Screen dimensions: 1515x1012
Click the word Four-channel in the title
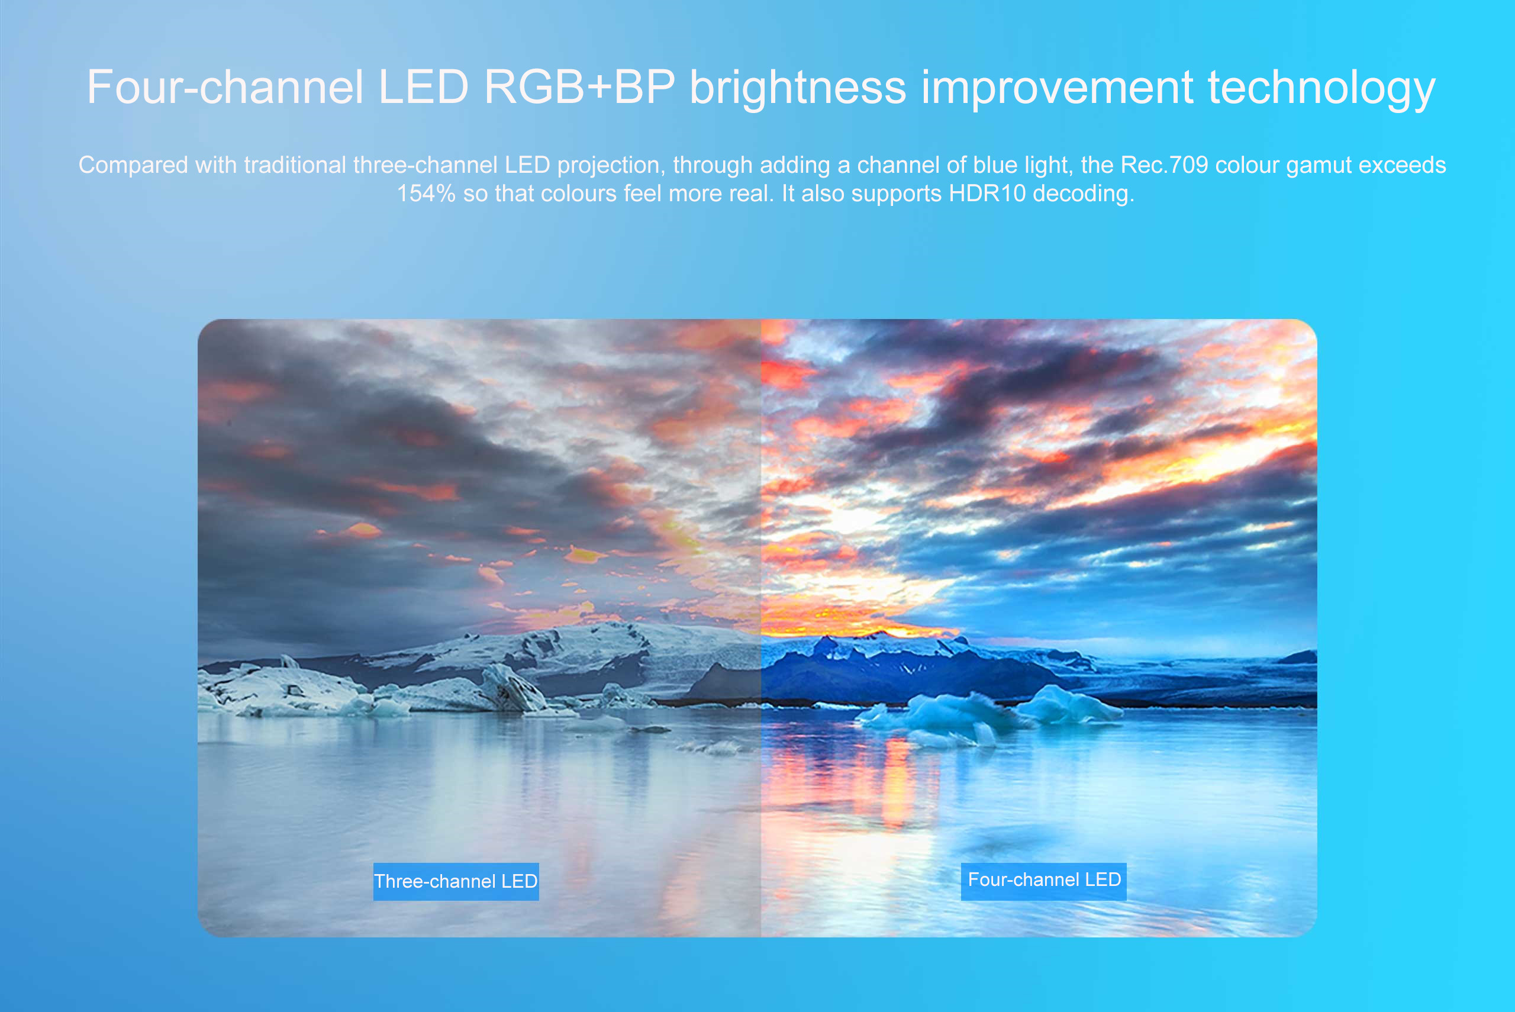coord(225,87)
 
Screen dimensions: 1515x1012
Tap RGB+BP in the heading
coord(579,87)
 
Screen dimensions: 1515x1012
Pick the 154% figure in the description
coord(426,194)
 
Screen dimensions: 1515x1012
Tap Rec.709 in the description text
coord(1164,165)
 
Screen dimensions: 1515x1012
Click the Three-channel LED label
coord(456,881)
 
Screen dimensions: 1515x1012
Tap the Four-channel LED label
coord(1043,881)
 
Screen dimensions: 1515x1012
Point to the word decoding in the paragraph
coord(1084,194)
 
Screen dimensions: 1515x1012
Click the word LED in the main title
coord(423,87)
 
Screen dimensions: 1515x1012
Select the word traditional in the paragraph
coord(295,165)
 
